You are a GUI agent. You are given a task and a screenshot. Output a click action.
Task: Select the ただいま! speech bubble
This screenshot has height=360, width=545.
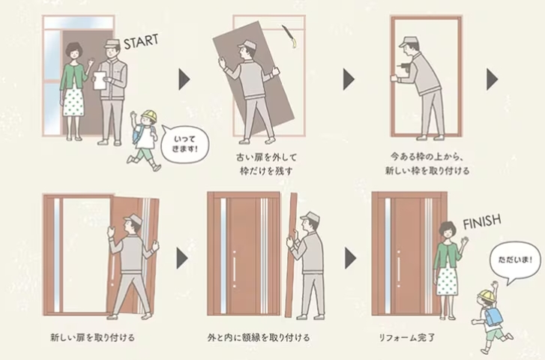coord(515,260)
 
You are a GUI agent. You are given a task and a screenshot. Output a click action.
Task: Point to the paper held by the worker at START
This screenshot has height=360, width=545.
coord(97,79)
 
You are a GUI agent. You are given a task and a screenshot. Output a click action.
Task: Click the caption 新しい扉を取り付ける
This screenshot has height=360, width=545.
coord(92,337)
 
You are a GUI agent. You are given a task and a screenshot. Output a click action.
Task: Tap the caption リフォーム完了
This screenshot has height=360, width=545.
coord(407,337)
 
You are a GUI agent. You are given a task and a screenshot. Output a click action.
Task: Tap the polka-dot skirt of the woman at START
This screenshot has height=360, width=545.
coord(73,102)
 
